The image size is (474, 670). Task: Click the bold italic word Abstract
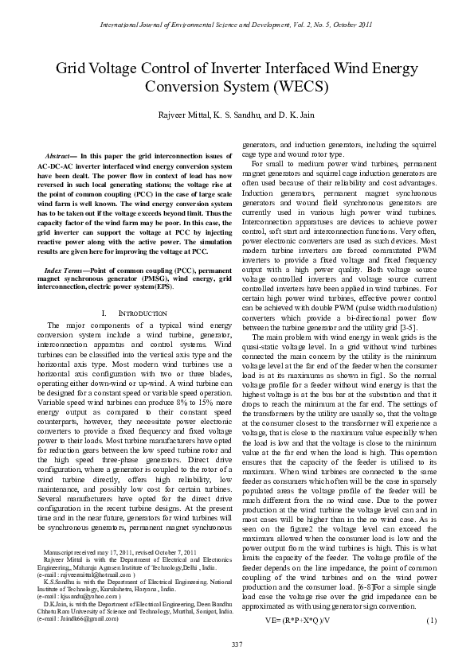point(65,155)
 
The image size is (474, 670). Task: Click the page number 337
point(237,642)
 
